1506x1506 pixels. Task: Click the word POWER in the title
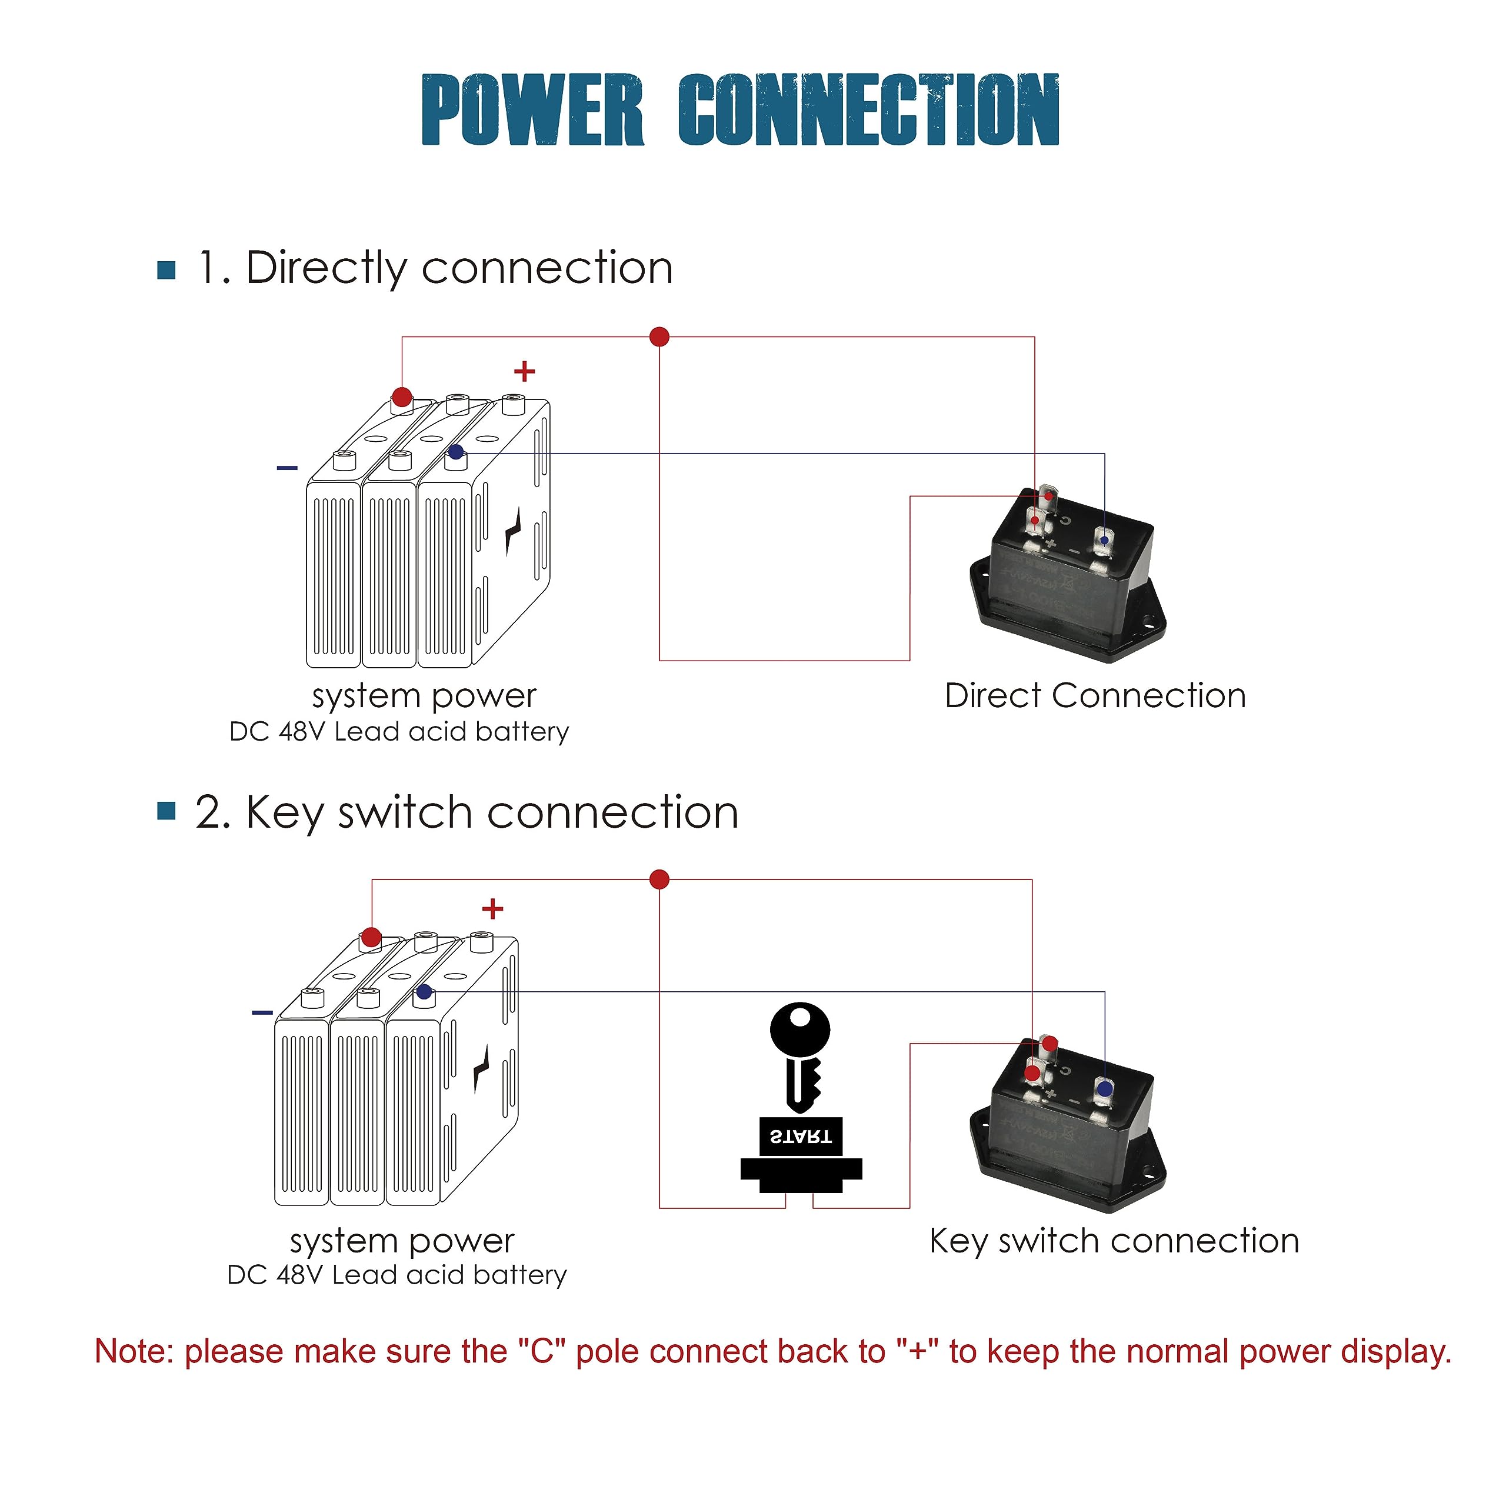(x=532, y=110)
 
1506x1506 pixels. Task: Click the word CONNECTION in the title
(x=868, y=110)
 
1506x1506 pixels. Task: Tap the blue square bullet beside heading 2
(x=166, y=811)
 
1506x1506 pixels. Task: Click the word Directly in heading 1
(x=325, y=269)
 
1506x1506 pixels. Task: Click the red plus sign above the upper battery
(x=525, y=371)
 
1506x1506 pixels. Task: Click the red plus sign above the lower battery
(x=492, y=909)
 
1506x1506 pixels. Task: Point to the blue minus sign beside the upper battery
(x=287, y=468)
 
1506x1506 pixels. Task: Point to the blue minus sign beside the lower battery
(x=263, y=1012)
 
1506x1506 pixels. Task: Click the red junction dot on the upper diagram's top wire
(x=659, y=336)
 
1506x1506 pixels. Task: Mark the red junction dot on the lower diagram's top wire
(x=659, y=879)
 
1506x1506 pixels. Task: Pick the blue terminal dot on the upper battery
(x=456, y=452)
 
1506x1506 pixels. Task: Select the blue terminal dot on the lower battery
(x=424, y=991)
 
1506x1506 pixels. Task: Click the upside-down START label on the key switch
(x=801, y=1137)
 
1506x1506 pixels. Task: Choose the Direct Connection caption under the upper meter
(x=1095, y=696)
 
